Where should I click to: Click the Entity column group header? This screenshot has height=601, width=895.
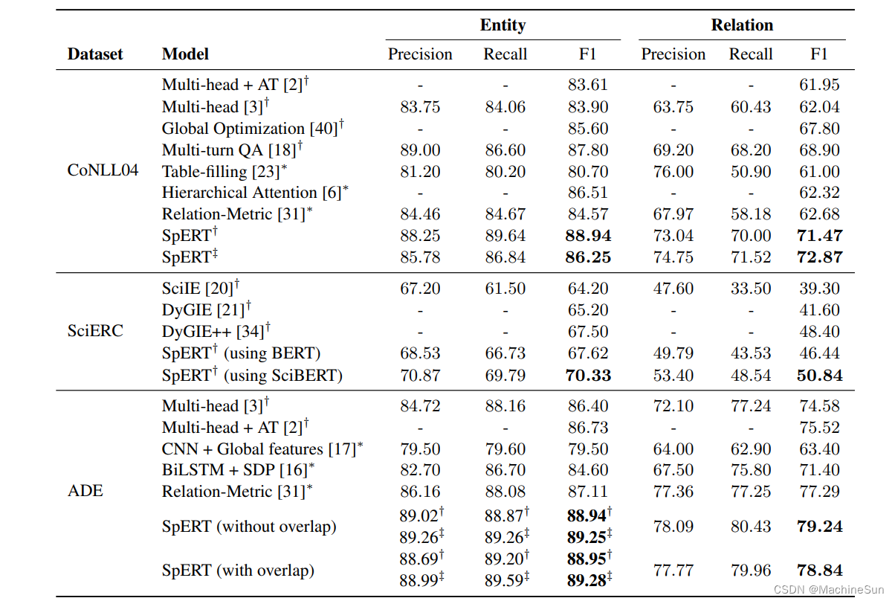pyautogui.click(x=503, y=25)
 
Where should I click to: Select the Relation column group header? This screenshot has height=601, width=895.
pyautogui.click(x=742, y=25)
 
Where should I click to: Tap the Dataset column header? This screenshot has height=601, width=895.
pyautogui.click(x=95, y=54)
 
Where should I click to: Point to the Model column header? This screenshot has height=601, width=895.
pyautogui.click(x=185, y=54)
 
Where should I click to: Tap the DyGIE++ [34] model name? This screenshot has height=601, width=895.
pyautogui.click(x=216, y=332)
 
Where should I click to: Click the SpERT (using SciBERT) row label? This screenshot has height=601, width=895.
pyautogui.click(x=252, y=376)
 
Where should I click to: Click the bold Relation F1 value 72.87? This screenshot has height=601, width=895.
pyautogui.click(x=820, y=257)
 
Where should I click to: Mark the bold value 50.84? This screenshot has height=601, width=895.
pyautogui.click(x=820, y=376)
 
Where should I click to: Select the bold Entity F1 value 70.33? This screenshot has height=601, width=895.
pyautogui.click(x=588, y=376)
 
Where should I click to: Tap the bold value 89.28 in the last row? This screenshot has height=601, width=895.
pyautogui.click(x=586, y=580)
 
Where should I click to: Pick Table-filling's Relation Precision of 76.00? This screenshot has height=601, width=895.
pyautogui.click(x=673, y=171)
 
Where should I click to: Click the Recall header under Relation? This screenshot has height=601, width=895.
pyautogui.click(x=751, y=54)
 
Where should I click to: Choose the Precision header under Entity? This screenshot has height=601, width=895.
pyautogui.click(x=420, y=54)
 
